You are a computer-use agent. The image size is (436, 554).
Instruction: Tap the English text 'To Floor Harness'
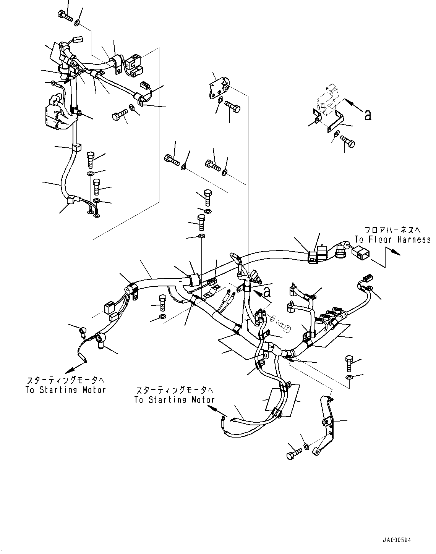coord(392,239)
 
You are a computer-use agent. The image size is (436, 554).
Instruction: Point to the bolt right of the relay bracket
coord(347,141)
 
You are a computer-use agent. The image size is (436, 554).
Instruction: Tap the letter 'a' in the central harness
coord(267,292)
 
